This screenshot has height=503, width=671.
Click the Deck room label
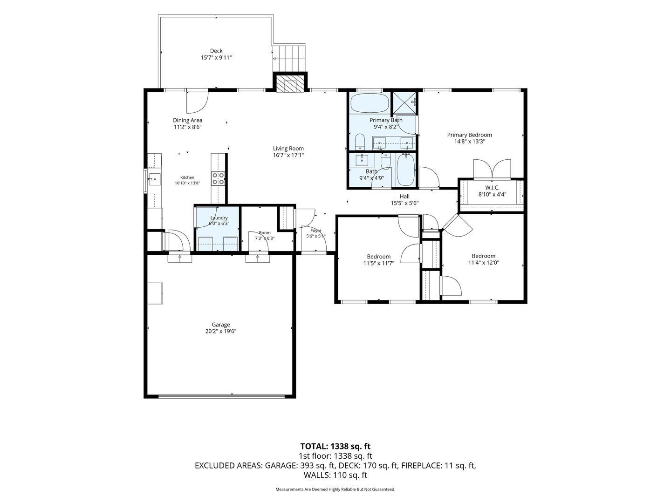click(x=216, y=51)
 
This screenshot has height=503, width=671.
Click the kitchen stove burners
click(x=218, y=178)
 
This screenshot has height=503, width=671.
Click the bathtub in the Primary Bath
click(x=370, y=103)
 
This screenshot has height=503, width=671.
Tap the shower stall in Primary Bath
click(x=405, y=103)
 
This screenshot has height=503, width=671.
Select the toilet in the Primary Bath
click(x=360, y=142)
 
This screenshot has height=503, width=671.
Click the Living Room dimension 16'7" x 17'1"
click(x=288, y=155)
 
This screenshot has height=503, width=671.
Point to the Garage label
click(x=221, y=325)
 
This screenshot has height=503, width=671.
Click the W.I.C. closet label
click(x=492, y=188)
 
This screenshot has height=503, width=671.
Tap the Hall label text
click(x=404, y=197)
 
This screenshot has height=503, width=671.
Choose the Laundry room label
click(x=219, y=218)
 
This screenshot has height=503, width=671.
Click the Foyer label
click(x=316, y=231)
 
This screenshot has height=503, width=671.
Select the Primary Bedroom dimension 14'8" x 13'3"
click(x=470, y=142)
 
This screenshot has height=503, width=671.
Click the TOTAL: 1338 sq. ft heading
click(x=335, y=446)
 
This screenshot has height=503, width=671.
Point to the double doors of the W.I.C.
click(x=492, y=169)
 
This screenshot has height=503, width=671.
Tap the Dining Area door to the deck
click(x=198, y=102)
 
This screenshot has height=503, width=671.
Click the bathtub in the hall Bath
click(x=405, y=170)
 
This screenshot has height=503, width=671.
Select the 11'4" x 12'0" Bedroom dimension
click(x=484, y=262)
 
